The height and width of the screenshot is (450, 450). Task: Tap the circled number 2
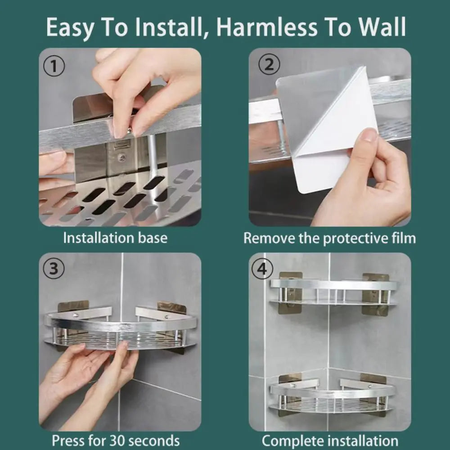click(269, 65)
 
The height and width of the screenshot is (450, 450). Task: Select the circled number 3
click(54, 269)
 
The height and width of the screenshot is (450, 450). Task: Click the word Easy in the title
click(69, 27)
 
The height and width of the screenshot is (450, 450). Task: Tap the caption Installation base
click(115, 238)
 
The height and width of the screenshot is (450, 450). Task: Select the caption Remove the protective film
click(329, 238)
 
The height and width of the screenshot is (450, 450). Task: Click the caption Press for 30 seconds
click(116, 440)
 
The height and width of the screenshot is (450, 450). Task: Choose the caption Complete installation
click(330, 440)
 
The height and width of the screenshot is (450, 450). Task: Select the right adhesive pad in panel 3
click(172, 308)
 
